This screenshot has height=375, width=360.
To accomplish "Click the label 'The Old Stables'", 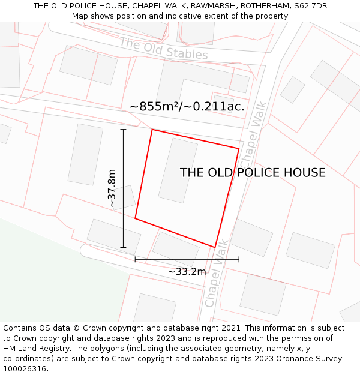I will click(x=163, y=49).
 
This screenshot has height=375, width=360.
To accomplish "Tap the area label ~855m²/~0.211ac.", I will click(x=187, y=107).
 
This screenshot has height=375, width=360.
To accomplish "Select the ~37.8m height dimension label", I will click(x=112, y=188).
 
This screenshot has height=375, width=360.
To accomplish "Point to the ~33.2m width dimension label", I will click(x=187, y=272).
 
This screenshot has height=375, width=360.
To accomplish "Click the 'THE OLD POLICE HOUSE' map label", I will click(x=253, y=173).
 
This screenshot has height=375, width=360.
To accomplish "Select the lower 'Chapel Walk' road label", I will click(x=217, y=274).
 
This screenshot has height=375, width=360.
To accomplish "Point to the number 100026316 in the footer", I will click(x=23, y=369).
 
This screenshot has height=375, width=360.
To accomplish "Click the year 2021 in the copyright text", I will click(x=230, y=328).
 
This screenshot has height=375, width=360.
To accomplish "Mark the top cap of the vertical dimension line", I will click(x=123, y=129).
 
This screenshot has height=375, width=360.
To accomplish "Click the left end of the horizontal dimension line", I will click(x=136, y=259).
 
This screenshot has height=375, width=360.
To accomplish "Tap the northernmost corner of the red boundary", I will click(x=152, y=130).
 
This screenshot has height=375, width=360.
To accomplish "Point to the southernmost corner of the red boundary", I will click(x=215, y=247).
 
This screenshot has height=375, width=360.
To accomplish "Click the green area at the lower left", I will click(x=42, y=276).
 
